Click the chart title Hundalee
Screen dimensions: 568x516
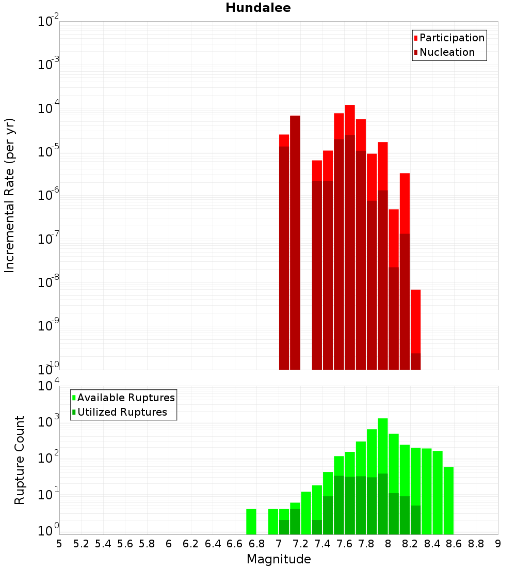(x=258, y=8)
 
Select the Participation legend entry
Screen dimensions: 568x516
(x=452, y=38)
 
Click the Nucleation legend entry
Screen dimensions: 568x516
(x=447, y=52)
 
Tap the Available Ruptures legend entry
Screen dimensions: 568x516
(x=126, y=398)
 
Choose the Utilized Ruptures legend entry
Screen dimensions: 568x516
(x=122, y=412)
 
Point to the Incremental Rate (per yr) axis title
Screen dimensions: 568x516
(x=10, y=195)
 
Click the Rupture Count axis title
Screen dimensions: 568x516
(x=20, y=460)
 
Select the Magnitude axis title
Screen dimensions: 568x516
(x=279, y=559)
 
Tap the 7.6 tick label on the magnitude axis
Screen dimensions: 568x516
(x=344, y=544)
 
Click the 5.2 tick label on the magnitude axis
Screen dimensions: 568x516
(x=81, y=544)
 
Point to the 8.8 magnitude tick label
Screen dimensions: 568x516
(x=476, y=544)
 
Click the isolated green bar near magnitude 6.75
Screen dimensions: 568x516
(x=251, y=522)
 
